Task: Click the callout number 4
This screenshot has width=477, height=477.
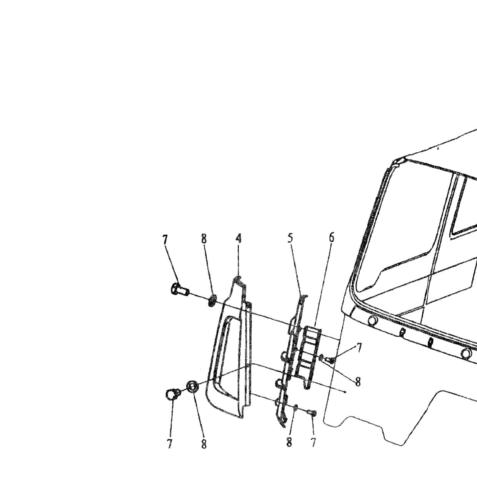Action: point(238,239)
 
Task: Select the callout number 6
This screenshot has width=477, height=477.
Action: point(332,237)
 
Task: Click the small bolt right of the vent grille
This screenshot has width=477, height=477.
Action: point(330,360)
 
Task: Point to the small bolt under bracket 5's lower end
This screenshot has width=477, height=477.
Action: point(312,412)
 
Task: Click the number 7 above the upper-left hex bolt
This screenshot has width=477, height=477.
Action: point(165,239)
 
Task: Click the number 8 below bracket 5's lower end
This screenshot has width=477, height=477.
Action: point(289,441)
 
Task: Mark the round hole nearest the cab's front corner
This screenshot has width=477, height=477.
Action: point(372,321)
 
